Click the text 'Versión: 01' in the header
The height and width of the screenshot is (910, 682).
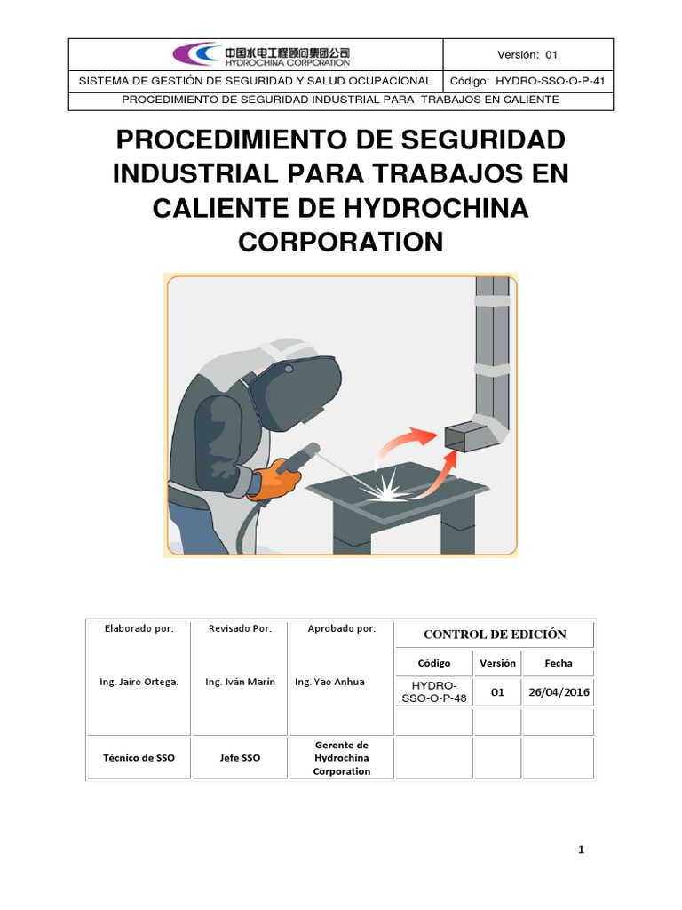click(x=527, y=54)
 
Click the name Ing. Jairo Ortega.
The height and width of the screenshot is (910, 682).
click(x=139, y=682)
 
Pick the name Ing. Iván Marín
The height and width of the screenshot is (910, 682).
click(x=240, y=682)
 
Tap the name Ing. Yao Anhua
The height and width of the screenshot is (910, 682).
click(x=329, y=682)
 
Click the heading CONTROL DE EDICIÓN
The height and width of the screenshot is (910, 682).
click(x=495, y=635)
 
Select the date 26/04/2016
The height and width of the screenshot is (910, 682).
click(x=559, y=692)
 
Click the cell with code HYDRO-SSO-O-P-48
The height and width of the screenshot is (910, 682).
click(x=434, y=692)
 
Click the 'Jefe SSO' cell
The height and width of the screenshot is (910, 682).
click(x=240, y=758)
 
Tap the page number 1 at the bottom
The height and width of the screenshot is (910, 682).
click(x=581, y=850)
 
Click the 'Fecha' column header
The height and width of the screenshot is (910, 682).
click(x=559, y=663)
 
